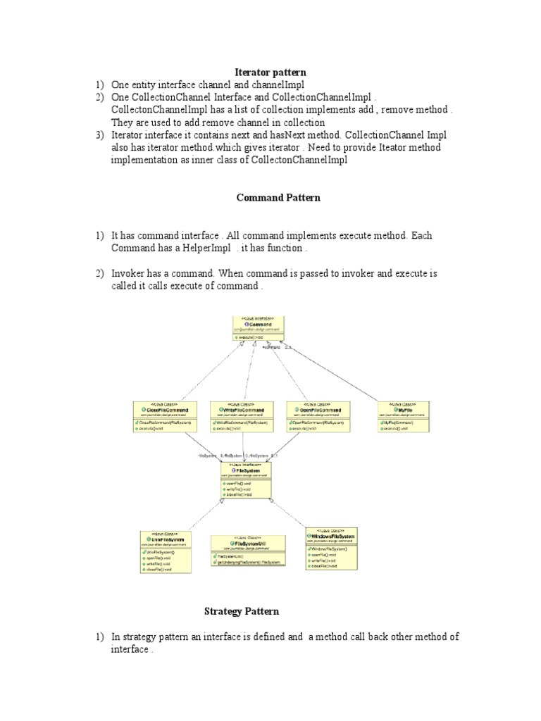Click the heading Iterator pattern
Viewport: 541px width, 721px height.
(270, 72)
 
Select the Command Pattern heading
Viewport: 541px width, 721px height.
(278, 197)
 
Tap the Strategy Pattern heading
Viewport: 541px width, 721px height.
(242, 611)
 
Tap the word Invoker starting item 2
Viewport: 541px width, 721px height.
(128, 273)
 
